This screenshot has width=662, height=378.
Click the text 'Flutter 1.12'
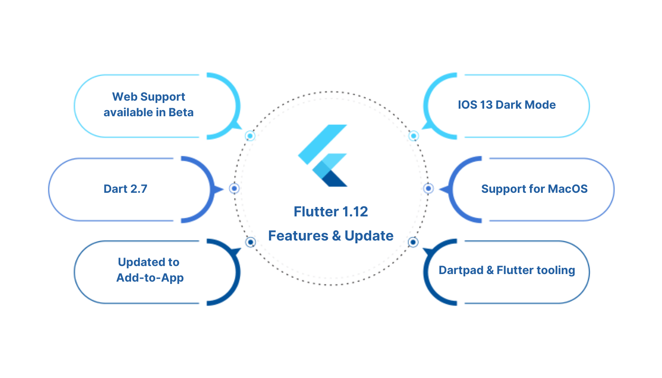[331, 212]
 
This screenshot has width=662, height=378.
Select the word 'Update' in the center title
[369, 235]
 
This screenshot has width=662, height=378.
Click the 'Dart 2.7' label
[125, 189]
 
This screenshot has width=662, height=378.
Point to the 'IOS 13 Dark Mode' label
[506, 104]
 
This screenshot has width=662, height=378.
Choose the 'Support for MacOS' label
[534, 189]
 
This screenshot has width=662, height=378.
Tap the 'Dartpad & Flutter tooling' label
[506, 270]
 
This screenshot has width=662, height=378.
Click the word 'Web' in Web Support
[123, 97]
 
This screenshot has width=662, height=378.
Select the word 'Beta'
[181, 113]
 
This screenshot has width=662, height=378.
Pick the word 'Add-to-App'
[150, 277]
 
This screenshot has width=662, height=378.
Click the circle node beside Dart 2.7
[234, 189]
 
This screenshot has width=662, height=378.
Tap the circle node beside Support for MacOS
[428, 189]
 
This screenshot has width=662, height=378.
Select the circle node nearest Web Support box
[250, 136]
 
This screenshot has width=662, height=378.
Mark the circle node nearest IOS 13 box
[414, 136]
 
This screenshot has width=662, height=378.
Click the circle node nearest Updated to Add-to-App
[251, 242]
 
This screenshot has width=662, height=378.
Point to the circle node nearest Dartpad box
[413, 242]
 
